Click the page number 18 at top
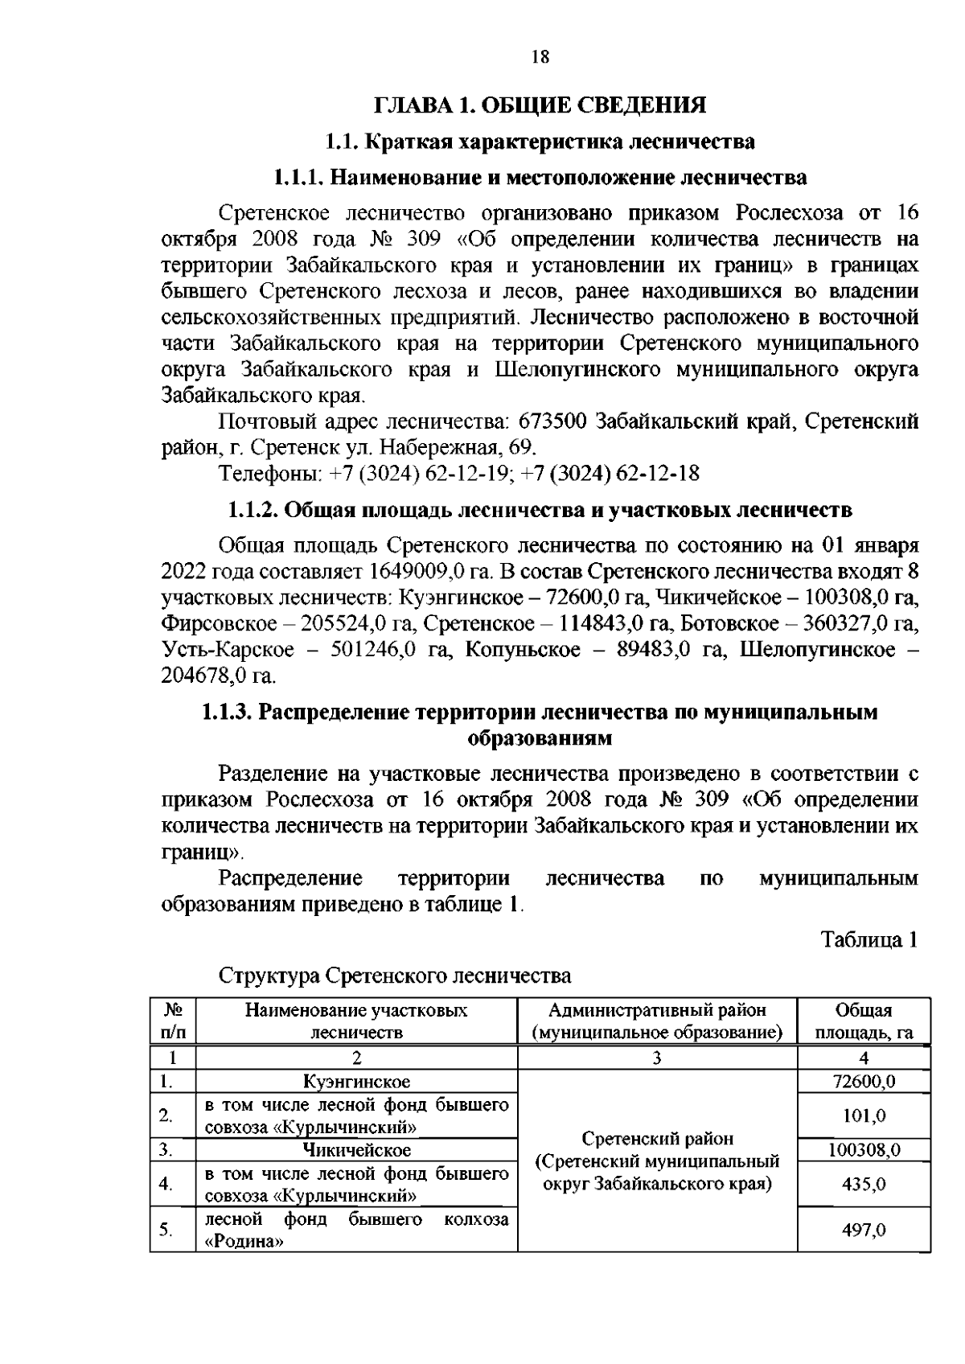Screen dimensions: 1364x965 [540, 57]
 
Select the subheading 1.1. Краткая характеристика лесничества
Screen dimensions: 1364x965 [540, 142]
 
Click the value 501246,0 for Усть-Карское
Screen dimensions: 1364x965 [372, 650]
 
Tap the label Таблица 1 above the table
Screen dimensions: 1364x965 [868, 939]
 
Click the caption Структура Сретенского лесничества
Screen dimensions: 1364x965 [395, 976]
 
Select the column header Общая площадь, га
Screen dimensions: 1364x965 [864, 1021]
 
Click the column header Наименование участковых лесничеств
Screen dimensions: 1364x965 [356, 1021]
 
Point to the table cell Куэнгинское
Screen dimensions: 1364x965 [356, 1082]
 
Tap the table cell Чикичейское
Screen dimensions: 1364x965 [356, 1150]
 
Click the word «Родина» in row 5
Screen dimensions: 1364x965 [244, 1241]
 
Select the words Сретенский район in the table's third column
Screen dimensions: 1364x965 [657, 1139]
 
